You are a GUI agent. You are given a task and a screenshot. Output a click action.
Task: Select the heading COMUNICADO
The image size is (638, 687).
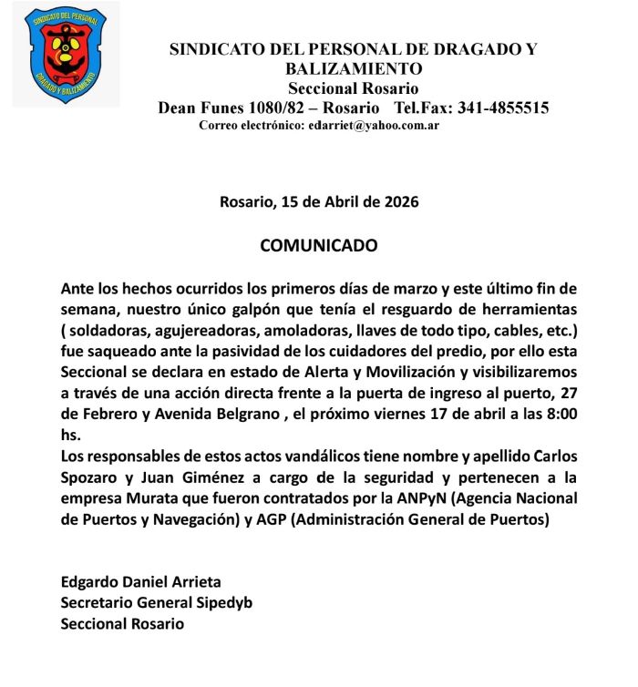(x=319, y=246)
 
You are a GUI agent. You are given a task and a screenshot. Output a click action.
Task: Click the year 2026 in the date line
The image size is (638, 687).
(x=400, y=202)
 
